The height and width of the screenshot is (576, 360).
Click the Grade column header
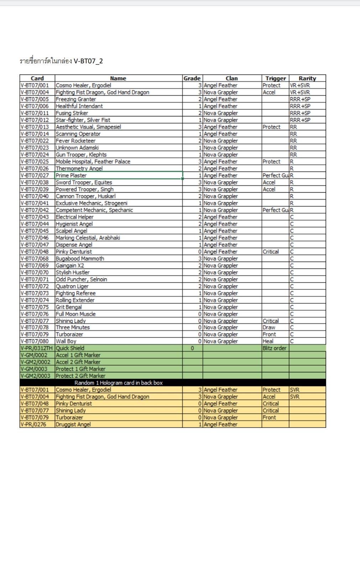tap(192, 78)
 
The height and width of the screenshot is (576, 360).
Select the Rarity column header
tap(307, 78)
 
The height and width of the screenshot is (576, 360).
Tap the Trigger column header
tap(275, 78)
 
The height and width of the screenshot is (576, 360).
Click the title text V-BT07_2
tap(88, 61)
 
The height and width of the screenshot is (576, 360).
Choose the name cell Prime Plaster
tap(71, 176)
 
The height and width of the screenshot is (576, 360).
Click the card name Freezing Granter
tap(76, 99)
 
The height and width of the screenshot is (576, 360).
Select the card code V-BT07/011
tap(35, 113)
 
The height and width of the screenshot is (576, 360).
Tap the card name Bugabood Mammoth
tap(80, 259)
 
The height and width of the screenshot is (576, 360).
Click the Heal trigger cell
tap(268, 341)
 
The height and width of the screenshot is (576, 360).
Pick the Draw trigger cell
tap(269, 328)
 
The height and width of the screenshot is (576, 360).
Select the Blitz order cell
tap(274, 348)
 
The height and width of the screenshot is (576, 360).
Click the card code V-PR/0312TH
tap(37, 348)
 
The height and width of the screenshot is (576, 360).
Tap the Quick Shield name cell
tap(70, 348)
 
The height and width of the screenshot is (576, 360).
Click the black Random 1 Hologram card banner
tap(119, 383)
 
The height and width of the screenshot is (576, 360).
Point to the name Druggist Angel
tap(73, 424)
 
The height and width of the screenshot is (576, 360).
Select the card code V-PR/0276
tap(33, 424)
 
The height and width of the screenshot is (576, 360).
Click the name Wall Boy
tap(66, 341)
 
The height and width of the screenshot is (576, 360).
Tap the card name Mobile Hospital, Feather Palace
tap(93, 162)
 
